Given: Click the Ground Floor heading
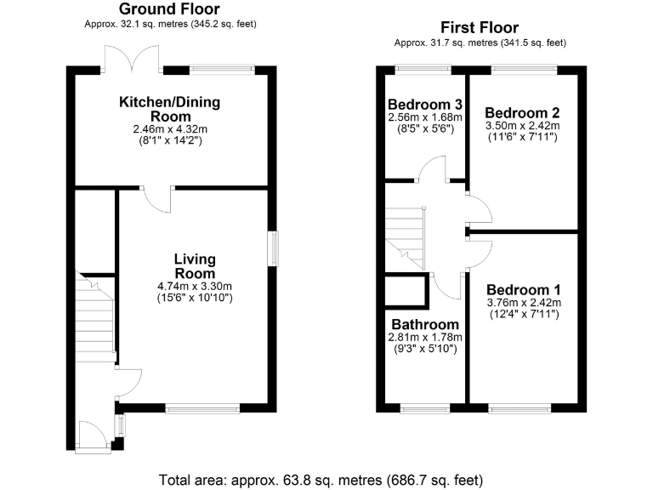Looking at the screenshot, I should coord(169,9).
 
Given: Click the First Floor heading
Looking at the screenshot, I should coord(480,28).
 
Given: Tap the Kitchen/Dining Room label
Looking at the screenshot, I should coord(169,109).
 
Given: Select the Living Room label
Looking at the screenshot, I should coord(195,265).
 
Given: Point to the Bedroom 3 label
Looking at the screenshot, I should coord(424,105).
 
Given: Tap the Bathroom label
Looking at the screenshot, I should coord(424,324).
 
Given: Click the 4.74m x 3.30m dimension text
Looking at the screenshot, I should coord(195,286).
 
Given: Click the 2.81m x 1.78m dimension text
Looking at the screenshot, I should coord(424,337).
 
